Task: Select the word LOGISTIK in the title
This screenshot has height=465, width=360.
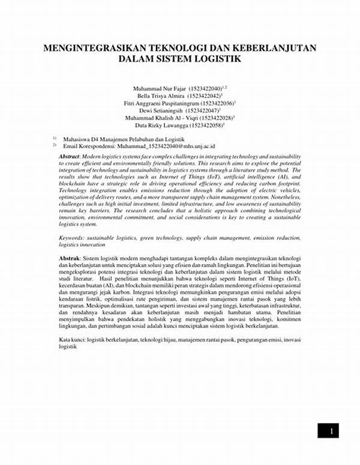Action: [214, 59]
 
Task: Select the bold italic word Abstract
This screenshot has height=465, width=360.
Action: [70, 156]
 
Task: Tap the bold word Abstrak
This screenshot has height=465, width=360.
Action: [69, 257]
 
